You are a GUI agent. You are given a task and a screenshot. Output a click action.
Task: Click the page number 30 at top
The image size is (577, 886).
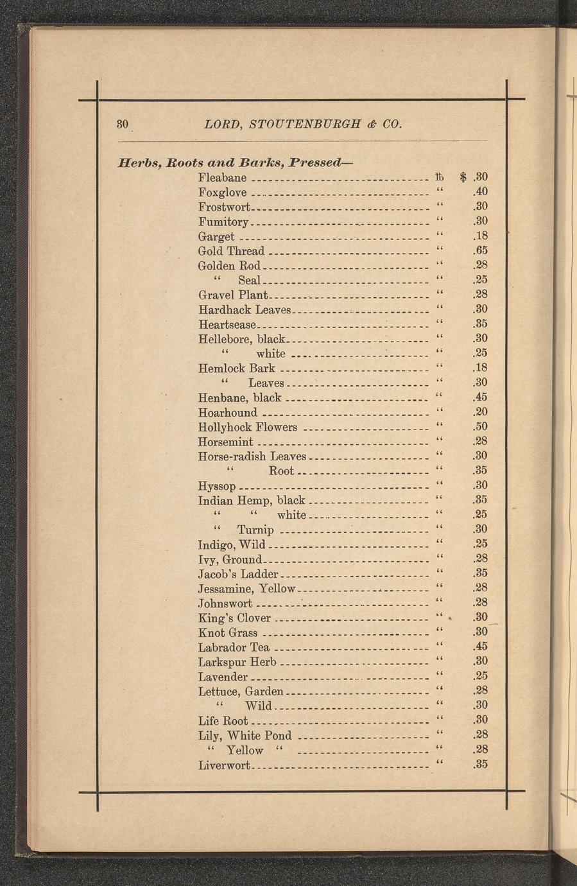coord(123,123)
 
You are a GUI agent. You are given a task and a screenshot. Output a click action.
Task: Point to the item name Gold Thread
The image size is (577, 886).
coord(231,250)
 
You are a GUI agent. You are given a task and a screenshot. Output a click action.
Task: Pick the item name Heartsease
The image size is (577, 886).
coord(227,325)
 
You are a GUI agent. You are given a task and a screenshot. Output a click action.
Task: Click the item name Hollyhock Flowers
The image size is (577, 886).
coord(248,428)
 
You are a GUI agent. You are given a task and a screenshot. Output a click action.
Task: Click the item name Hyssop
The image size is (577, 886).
coord(218,486)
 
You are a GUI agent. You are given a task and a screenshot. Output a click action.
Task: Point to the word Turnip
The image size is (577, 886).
coord(255,530)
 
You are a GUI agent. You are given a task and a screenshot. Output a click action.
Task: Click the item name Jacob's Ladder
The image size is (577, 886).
coord(238,574)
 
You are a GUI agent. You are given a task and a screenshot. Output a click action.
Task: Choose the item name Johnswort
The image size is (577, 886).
coord(225,604)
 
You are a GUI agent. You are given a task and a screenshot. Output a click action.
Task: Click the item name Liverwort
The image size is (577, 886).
coord(224,765)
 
